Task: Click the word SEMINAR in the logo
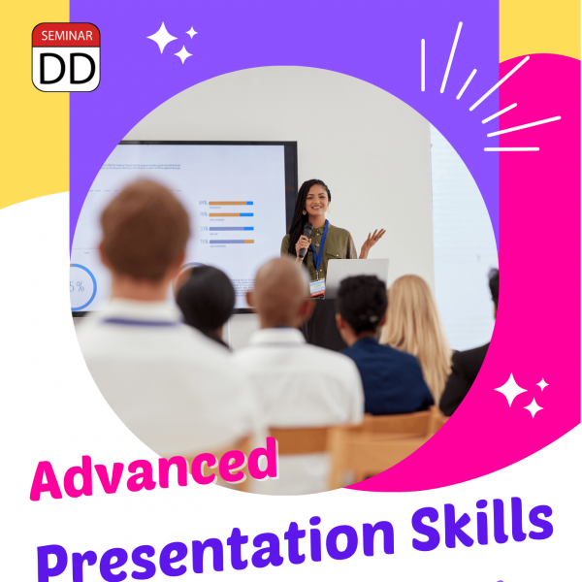click(66, 36)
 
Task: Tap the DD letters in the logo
click(66, 66)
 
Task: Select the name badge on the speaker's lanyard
click(316, 287)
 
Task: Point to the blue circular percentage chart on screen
click(81, 286)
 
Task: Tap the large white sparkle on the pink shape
click(514, 393)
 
